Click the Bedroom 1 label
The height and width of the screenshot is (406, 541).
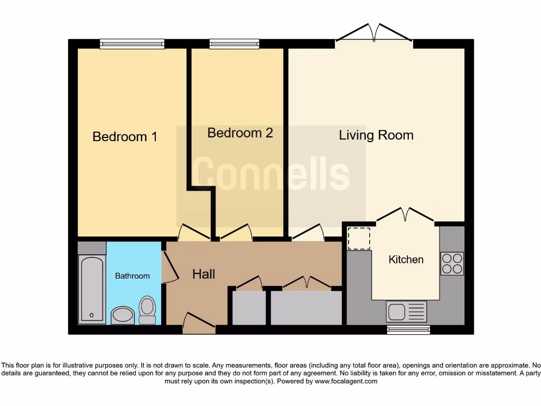point(125,136)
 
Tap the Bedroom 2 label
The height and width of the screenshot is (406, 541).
point(240,133)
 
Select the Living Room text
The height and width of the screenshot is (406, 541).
point(376,135)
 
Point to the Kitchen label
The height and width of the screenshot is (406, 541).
point(406,260)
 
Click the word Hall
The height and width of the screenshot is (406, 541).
point(203,274)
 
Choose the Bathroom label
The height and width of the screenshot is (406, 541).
point(132,276)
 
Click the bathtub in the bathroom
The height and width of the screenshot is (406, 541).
point(92,289)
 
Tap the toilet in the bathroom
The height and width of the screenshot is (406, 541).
point(147,309)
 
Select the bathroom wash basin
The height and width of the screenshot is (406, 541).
point(123,315)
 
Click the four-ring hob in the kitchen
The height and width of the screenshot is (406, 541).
point(452,263)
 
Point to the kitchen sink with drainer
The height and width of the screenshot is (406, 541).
point(406,311)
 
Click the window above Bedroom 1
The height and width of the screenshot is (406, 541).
point(132,44)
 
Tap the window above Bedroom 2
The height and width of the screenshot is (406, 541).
point(234,44)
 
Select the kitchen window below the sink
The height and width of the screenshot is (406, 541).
point(408,330)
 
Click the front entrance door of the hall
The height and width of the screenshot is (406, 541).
point(199,324)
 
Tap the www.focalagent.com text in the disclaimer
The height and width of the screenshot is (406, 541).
point(346,381)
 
